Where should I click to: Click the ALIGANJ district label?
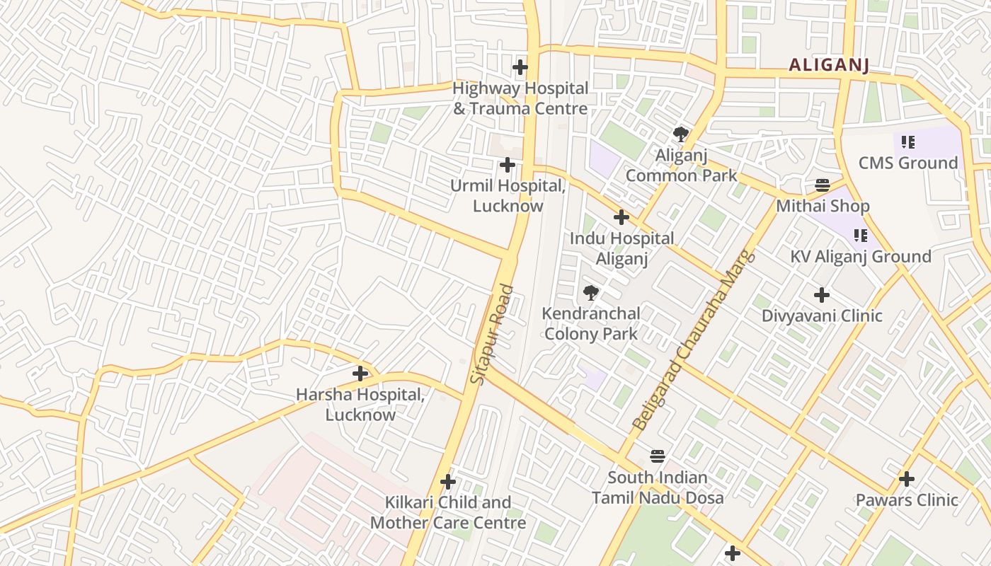[828, 65]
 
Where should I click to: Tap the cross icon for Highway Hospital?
[520, 67]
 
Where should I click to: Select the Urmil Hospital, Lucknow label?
[508, 196]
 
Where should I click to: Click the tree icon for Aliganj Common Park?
[681, 134]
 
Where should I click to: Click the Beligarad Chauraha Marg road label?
[694, 340]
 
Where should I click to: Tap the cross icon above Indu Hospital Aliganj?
[621, 217]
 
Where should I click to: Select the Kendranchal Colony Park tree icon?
[590, 292]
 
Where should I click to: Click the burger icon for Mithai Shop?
[823, 185]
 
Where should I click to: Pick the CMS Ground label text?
[907, 163]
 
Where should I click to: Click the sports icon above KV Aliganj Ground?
[860, 235]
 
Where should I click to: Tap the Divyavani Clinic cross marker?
[822, 294]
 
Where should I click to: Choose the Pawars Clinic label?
[907, 499]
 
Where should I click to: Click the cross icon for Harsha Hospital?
[360, 373]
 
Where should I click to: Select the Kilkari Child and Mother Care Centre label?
[448, 512]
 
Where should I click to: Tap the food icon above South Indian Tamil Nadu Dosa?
[658, 456]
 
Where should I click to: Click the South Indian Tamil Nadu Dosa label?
[658, 487]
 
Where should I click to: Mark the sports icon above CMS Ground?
[907, 142]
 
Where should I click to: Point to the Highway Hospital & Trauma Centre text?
[520, 98]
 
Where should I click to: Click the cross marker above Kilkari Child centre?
[448, 482]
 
